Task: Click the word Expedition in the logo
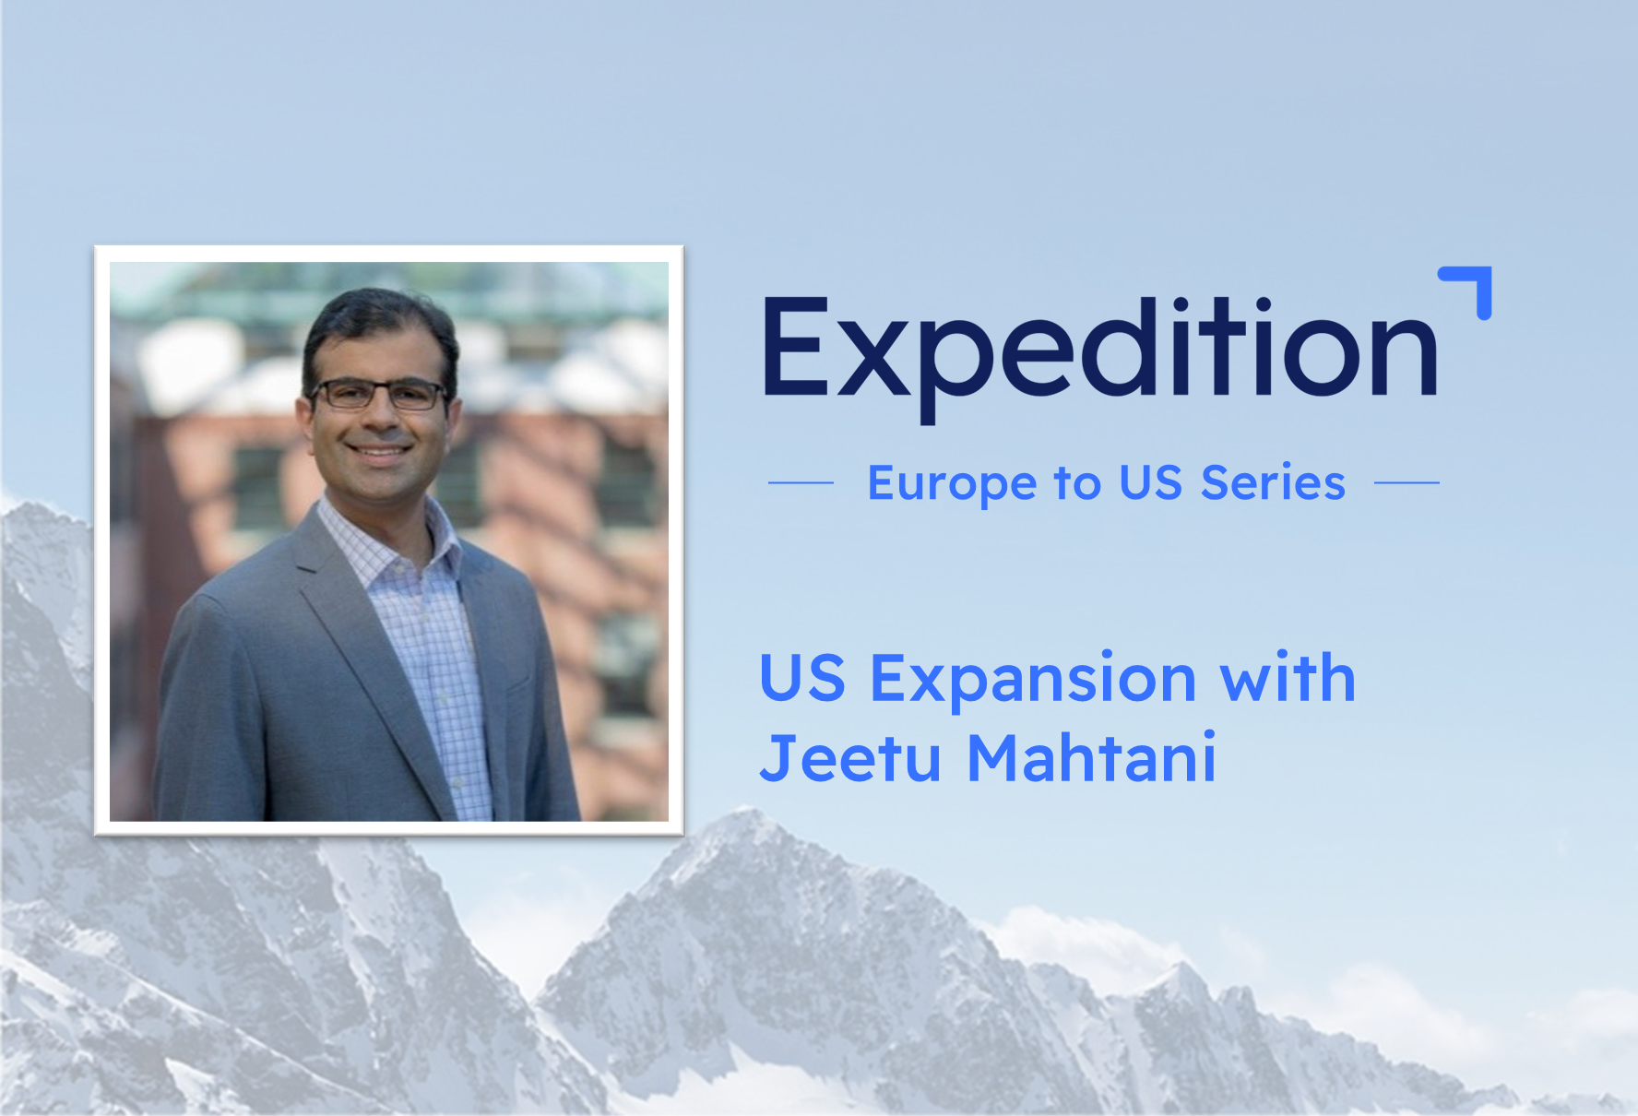[x=1100, y=358]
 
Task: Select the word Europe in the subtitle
[x=952, y=484]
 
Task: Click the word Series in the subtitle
[x=1273, y=482]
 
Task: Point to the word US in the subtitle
[x=1150, y=482]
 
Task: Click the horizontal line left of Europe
[x=801, y=482]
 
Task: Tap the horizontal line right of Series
[x=1407, y=482]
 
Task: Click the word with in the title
[x=1288, y=677]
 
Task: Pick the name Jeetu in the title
[x=850, y=757]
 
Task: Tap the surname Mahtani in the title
[x=1092, y=757]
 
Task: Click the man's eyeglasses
[x=378, y=395]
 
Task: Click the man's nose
[x=378, y=420]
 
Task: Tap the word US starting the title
[x=802, y=678]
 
